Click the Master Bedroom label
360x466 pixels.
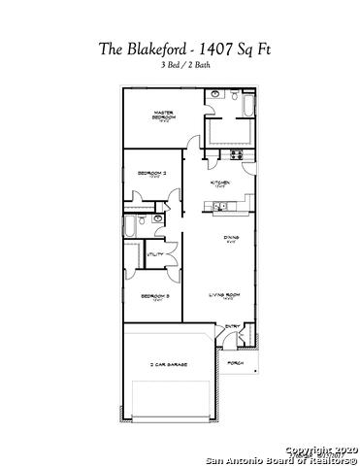(164, 115)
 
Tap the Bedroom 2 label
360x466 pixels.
(152, 173)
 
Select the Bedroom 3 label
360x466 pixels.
(153, 295)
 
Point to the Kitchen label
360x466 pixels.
(221, 182)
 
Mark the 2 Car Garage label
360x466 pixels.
(168, 364)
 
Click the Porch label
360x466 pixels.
(235, 363)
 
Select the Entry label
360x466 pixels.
(233, 327)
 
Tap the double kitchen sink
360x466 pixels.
(220, 206)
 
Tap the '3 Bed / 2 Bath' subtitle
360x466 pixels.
(180, 65)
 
